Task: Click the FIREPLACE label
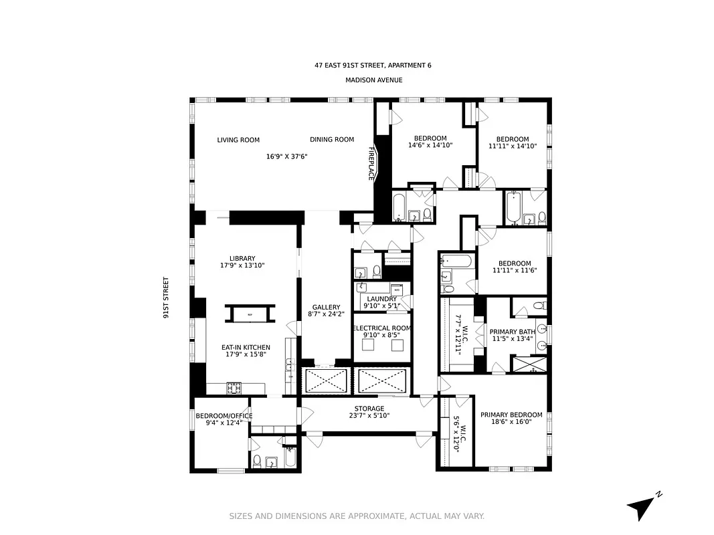click(x=371, y=164)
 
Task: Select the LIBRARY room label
click(x=242, y=259)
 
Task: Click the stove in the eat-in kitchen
click(x=235, y=388)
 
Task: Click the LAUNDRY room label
click(x=381, y=299)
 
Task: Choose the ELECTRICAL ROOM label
click(x=381, y=328)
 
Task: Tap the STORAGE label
click(x=369, y=409)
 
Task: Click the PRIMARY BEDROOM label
click(x=509, y=415)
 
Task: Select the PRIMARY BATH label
click(x=512, y=332)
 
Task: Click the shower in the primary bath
click(x=529, y=364)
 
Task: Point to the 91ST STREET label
click(x=165, y=298)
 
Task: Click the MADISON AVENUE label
click(x=373, y=80)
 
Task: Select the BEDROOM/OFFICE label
click(x=224, y=416)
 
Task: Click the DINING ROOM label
click(x=332, y=140)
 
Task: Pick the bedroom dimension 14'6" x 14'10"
click(x=430, y=145)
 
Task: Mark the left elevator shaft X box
click(x=326, y=381)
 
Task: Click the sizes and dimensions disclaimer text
click(x=357, y=516)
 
